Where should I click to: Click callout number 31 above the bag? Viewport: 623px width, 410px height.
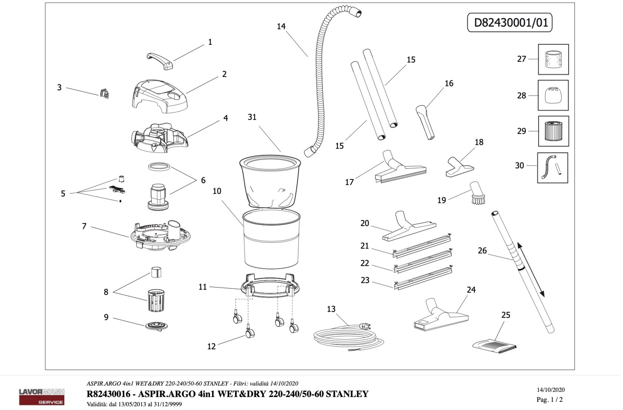point(252,117)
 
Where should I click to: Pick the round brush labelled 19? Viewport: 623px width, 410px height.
point(477,194)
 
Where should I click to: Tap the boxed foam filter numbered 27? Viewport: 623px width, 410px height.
point(553,59)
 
